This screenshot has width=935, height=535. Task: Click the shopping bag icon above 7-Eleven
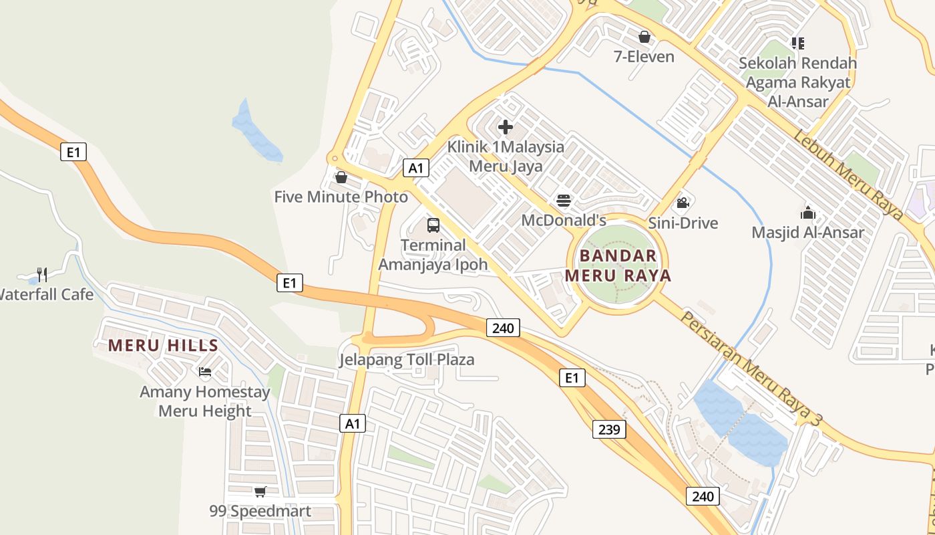[644, 37]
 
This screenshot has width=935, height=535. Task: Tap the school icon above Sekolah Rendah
[797, 43]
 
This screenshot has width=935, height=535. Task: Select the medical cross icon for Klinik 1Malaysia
[506, 126]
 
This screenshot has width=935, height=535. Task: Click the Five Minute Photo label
[341, 197]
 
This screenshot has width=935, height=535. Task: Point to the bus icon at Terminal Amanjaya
[433, 225]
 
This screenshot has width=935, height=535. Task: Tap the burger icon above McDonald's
[564, 201]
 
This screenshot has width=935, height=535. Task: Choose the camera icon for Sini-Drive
[683, 203]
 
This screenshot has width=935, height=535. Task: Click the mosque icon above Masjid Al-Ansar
[808, 213]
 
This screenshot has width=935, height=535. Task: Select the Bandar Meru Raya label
[618, 265]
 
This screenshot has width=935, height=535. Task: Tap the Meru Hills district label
[163, 346]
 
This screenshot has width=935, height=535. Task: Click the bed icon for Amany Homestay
[205, 372]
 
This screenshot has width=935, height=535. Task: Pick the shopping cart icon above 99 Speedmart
[260, 492]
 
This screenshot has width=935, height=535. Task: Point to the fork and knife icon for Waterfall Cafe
[42, 274]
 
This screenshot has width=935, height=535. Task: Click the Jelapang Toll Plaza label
[407, 360]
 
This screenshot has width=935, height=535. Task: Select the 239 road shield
[609, 429]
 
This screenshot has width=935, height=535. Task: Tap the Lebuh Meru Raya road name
[848, 175]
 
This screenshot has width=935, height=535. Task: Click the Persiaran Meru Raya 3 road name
[751, 368]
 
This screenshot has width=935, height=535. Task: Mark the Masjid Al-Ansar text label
[808, 233]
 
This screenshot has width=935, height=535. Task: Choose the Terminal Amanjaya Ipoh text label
[433, 255]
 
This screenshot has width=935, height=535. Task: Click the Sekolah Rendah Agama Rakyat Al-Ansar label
[797, 82]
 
